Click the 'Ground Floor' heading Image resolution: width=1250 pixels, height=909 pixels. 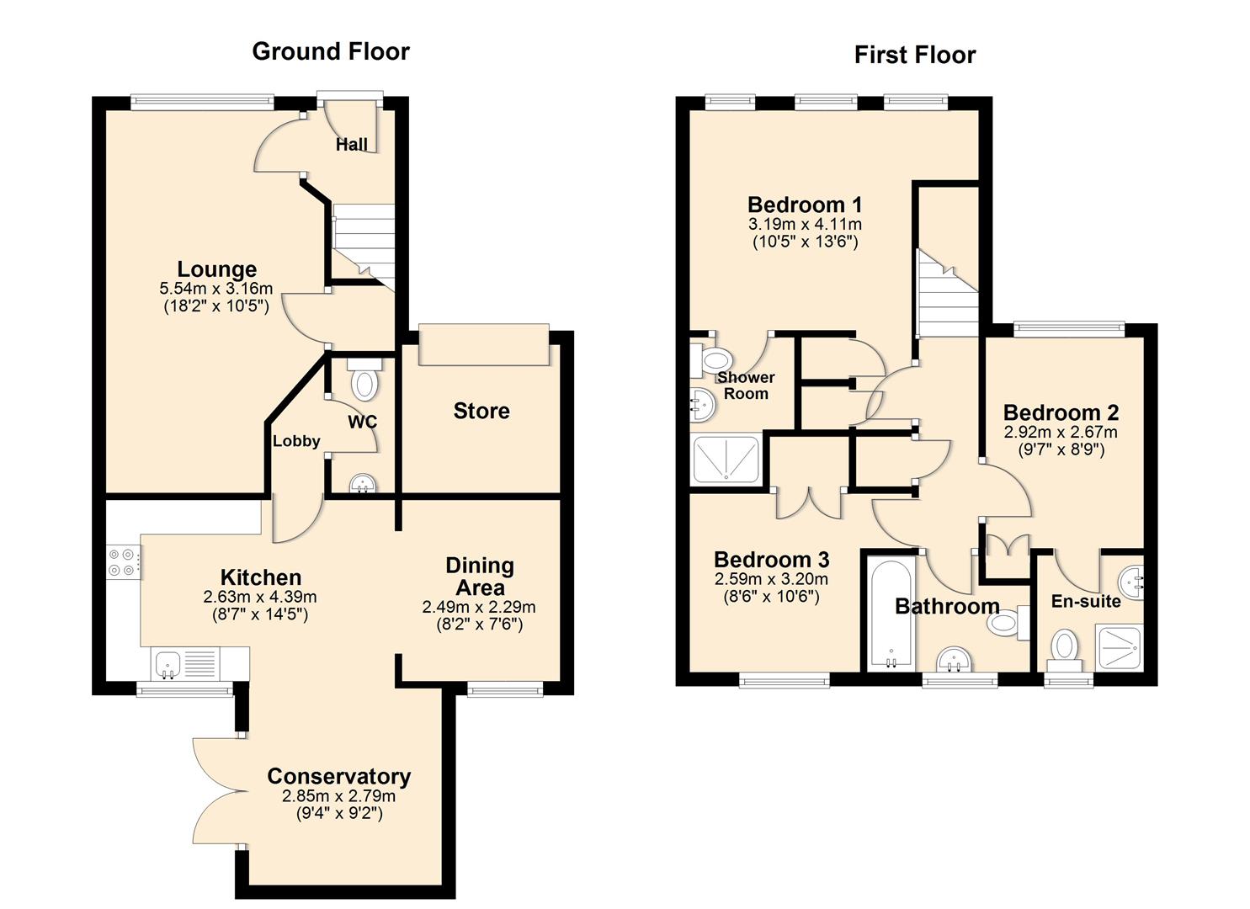(331, 51)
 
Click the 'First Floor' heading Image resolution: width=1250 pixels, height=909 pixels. (915, 55)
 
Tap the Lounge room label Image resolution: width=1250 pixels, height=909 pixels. (217, 269)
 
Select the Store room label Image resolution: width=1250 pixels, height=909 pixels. (481, 411)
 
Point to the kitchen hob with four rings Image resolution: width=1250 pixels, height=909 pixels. (123, 562)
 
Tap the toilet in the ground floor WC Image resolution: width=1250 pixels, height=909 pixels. (364, 381)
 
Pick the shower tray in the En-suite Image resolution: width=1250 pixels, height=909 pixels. (1119, 648)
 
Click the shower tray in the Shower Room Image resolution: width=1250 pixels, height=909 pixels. (725, 460)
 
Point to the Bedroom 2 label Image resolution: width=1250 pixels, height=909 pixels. (1061, 412)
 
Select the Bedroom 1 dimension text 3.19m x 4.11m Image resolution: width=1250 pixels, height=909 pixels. (805, 225)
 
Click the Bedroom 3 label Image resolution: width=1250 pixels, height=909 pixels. (771, 560)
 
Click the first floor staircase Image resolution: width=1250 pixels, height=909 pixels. (947, 295)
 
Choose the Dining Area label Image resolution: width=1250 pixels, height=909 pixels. (479, 577)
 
